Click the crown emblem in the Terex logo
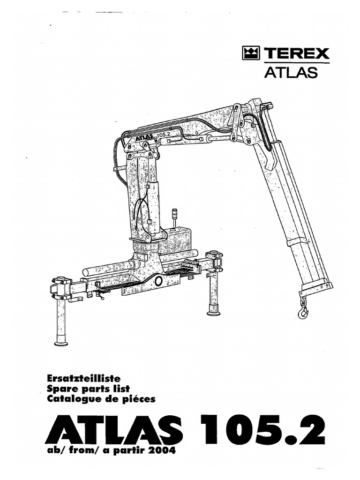tap(251, 53)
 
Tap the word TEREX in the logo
tap(296, 53)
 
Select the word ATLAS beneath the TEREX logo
tap(291, 72)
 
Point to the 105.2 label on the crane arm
tap(165, 135)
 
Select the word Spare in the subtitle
tap(60, 390)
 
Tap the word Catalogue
tap(71, 399)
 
